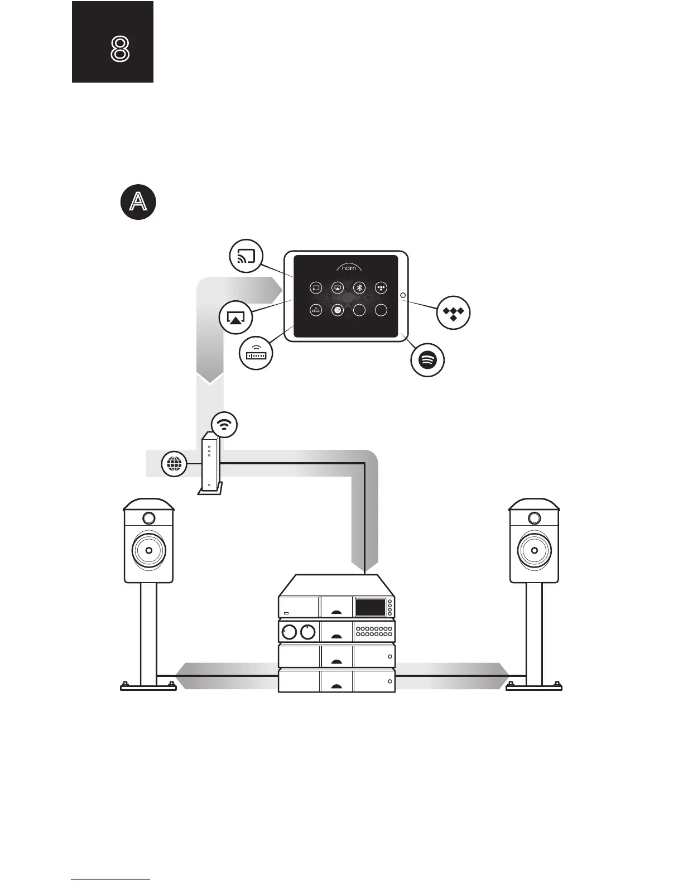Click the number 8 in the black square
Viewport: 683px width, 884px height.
click(x=121, y=50)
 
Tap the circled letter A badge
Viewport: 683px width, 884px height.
click(x=138, y=203)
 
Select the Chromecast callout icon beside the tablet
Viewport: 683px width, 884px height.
click(x=246, y=257)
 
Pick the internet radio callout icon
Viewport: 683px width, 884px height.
click(x=256, y=353)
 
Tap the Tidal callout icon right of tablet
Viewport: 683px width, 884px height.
click(x=453, y=313)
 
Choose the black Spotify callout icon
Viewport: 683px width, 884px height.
click(x=427, y=360)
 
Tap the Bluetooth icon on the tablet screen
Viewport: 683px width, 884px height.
click(x=359, y=288)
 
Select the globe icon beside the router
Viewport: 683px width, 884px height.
click(x=174, y=464)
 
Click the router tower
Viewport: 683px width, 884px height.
click(x=210, y=463)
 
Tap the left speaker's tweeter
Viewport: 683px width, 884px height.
click(x=148, y=518)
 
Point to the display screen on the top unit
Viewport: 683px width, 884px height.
click(x=370, y=607)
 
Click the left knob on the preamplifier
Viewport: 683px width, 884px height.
click(x=288, y=632)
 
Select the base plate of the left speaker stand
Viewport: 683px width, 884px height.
click(x=148, y=686)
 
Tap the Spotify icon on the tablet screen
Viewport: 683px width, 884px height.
click(x=337, y=310)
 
